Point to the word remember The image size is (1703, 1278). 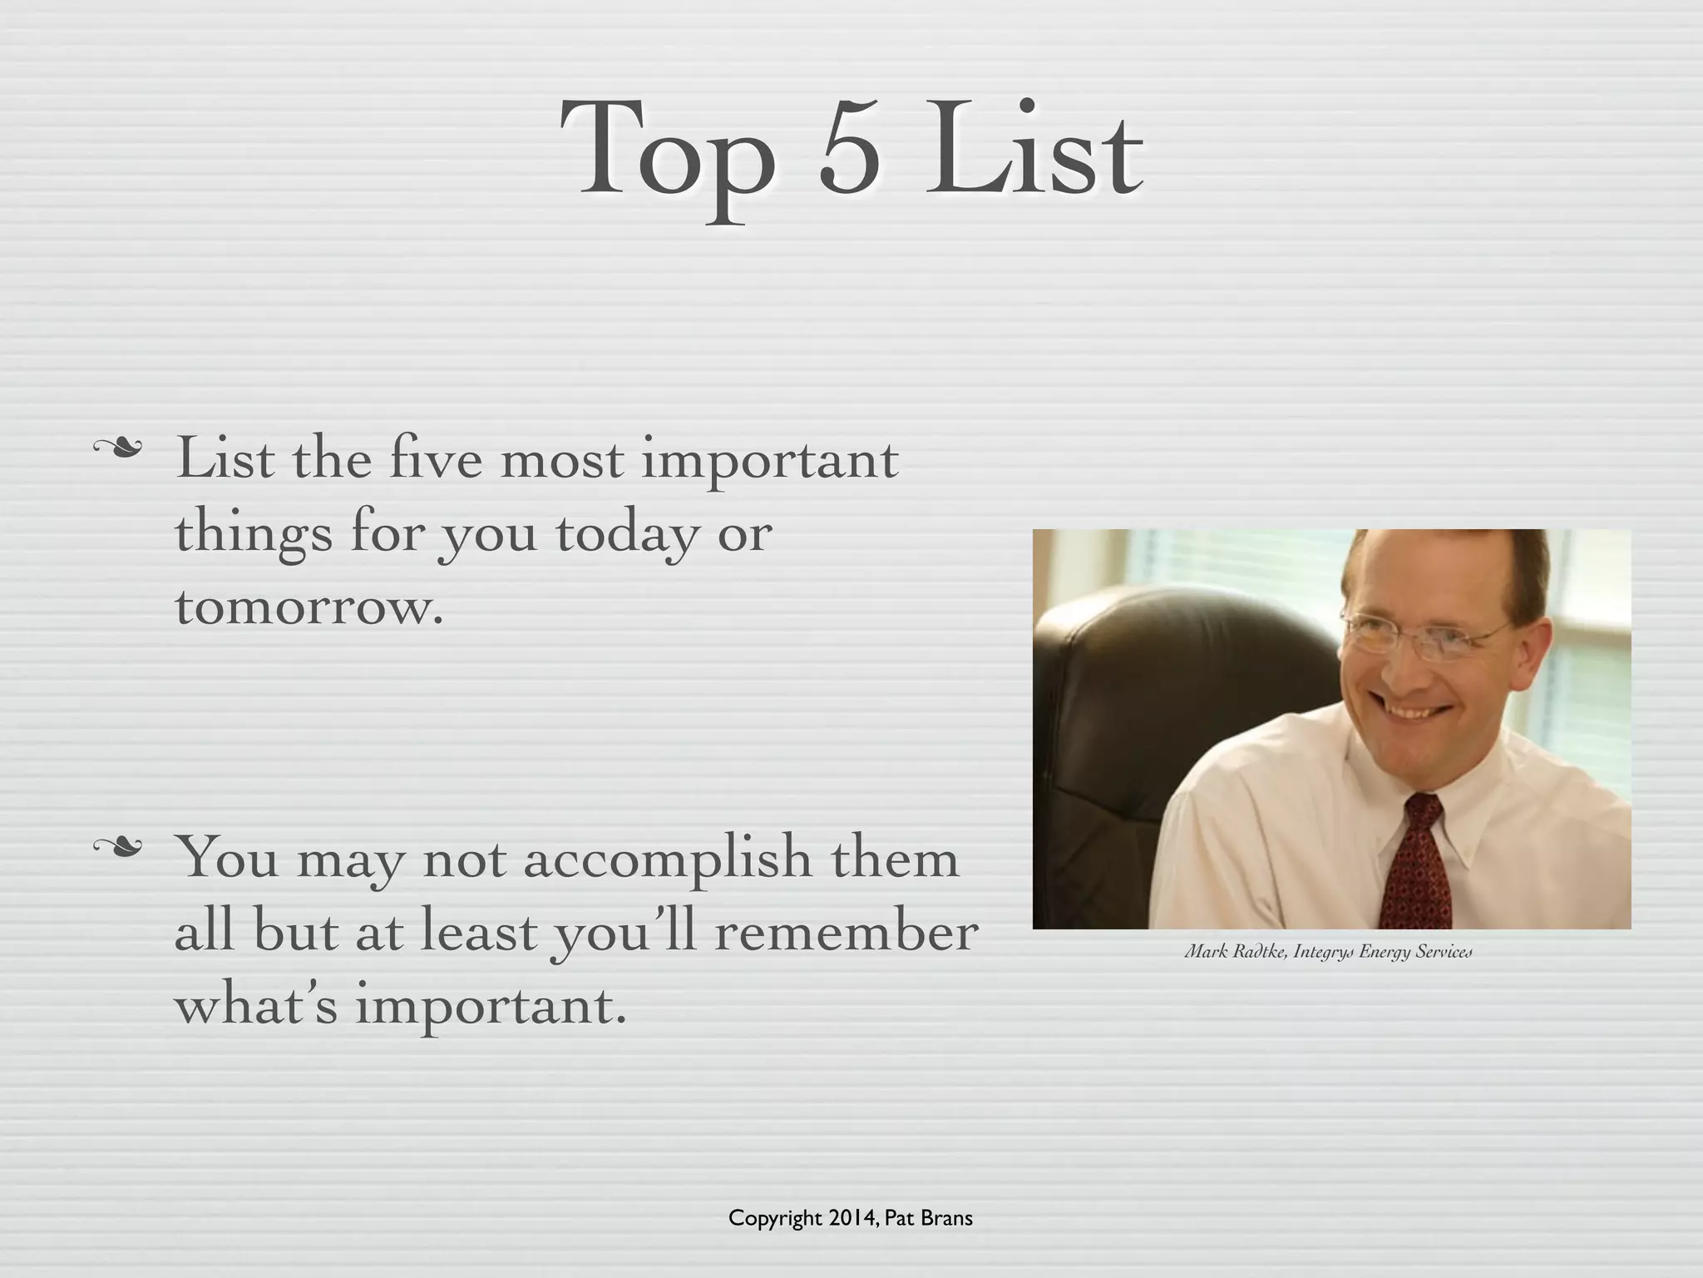[846, 932]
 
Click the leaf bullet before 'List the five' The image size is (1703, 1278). [117, 449]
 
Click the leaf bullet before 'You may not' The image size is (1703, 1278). [117, 847]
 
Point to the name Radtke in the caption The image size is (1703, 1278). [1259, 951]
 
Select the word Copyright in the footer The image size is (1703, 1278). [774, 1219]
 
